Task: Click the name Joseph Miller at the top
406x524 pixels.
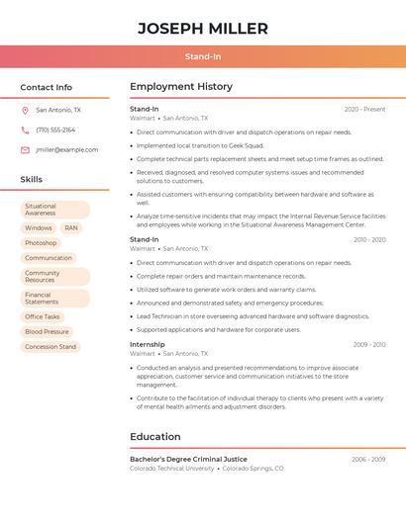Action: click(203, 29)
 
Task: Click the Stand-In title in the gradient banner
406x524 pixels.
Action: click(203, 57)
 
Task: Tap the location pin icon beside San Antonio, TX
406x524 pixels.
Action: click(25, 110)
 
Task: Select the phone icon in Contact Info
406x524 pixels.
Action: click(25, 130)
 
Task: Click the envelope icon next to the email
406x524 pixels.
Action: click(25, 149)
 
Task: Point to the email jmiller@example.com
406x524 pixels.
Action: click(67, 149)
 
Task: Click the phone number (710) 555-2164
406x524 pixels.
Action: click(55, 130)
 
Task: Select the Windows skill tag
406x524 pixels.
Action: click(39, 227)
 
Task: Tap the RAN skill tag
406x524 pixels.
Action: click(71, 227)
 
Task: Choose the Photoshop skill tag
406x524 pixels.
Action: click(41, 242)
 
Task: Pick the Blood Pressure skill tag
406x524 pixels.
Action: click(47, 331)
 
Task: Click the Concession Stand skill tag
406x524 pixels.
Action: click(51, 347)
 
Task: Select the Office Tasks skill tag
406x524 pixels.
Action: click(43, 316)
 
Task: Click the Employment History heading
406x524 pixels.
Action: click(181, 87)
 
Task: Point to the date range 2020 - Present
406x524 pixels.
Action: click(364, 110)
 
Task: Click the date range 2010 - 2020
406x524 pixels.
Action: click(369, 240)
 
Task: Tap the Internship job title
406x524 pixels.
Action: click(148, 344)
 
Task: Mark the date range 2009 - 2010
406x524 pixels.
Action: click(369, 345)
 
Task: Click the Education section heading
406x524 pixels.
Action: click(155, 437)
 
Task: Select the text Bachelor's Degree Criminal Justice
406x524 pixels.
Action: click(189, 460)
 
